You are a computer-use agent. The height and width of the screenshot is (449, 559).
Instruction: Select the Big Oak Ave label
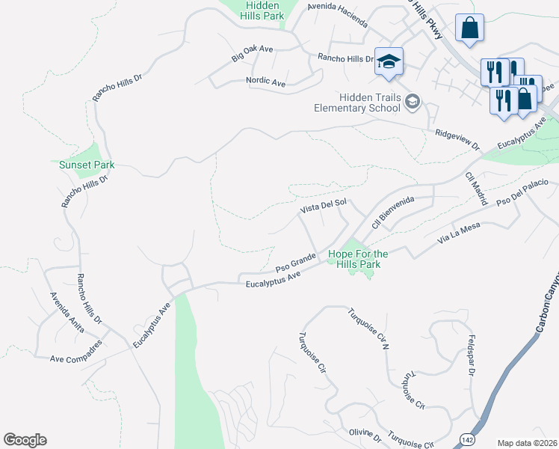[253, 53]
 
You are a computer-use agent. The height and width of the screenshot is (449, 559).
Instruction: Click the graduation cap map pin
[389, 61]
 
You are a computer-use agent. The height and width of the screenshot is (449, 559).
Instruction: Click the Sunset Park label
[81, 165]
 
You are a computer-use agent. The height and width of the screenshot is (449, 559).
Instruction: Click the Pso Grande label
[296, 263]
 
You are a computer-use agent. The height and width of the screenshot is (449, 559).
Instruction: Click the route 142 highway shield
[466, 438]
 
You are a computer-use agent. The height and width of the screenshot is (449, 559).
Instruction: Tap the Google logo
[25, 440]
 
